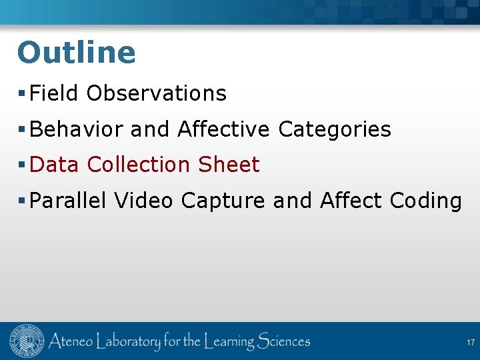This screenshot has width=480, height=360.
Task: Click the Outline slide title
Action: coord(76,53)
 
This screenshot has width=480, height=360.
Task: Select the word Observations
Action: coord(156,93)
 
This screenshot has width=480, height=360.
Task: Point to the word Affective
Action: coord(223,129)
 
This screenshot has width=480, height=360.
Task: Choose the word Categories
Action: coord(334,129)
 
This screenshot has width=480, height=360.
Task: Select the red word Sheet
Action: coord(229,165)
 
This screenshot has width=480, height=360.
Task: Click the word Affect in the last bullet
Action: coord(351,201)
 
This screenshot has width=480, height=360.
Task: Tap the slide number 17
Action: coord(470,343)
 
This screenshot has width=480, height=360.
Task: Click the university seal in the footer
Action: coord(25,342)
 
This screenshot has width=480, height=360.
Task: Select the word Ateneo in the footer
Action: coord(70,342)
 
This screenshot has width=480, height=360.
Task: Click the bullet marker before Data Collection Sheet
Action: coord(22,165)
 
